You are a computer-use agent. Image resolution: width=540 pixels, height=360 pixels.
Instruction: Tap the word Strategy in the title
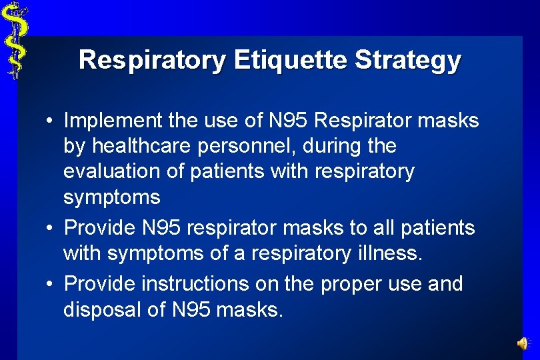point(407,60)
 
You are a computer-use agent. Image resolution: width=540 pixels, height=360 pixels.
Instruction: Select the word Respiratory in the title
point(153,60)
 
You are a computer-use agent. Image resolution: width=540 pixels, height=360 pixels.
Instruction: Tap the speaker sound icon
point(523,343)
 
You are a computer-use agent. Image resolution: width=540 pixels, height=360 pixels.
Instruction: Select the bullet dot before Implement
point(50,121)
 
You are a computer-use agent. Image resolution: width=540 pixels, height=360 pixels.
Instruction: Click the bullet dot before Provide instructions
point(50,284)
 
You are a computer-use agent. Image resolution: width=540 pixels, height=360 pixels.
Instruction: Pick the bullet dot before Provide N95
point(50,229)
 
